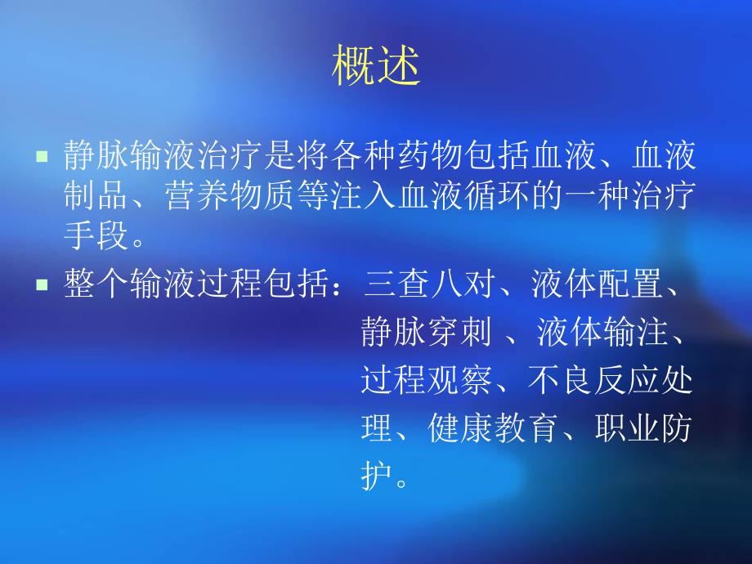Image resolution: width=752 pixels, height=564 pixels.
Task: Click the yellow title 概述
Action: click(x=376, y=68)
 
